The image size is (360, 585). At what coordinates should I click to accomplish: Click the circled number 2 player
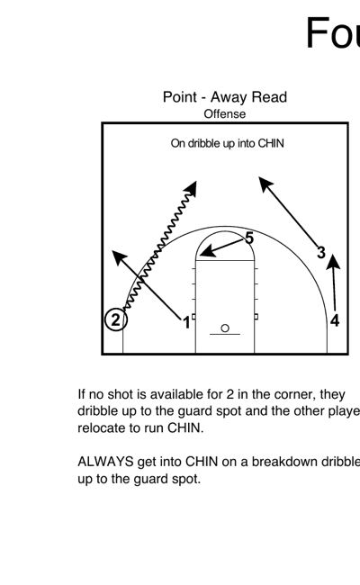click(115, 319)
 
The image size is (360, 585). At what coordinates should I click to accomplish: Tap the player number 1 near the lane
click(186, 321)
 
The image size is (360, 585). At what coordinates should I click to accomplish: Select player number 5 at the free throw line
click(249, 238)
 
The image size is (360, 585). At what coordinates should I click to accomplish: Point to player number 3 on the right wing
click(320, 253)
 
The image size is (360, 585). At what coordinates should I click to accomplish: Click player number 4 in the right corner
click(335, 319)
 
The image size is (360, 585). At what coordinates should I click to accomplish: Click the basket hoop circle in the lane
click(225, 328)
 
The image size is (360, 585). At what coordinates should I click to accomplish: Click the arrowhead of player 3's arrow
click(264, 182)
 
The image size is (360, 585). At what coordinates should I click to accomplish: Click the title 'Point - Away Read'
click(224, 97)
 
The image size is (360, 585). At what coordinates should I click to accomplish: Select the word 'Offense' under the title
click(224, 113)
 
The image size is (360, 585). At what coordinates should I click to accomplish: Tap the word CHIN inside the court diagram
click(271, 144)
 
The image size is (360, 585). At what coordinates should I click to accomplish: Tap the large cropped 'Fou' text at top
click(332, 33)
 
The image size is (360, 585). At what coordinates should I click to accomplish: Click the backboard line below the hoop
click(225, 335)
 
